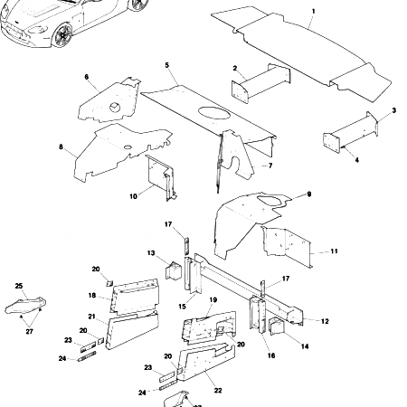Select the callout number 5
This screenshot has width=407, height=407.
pyautogui.click(x=167, y=65)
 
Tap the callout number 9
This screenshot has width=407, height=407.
pyautogui.click(x=308, y=194)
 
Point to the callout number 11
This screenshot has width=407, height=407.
pyautogui.click(x=334, y=250)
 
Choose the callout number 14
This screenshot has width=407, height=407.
pyautogui.click(x=304, y=346)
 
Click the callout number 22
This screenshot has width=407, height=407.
pyautogui.click(x=217, y=389)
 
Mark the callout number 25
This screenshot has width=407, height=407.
pyautogui.click(x=19, y=286)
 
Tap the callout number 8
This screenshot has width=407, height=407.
pyautogui.click(x=61, y=147)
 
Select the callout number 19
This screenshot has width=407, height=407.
pyautogui.click(x=213, y=299)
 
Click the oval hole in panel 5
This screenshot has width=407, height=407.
pyautogui.click(x=213, y=114)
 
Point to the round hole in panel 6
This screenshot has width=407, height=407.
pyautogui.click(x=116, y=108)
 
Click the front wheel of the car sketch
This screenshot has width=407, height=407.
pyautogui.click(x=63, y=35)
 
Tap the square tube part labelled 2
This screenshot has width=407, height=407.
pyautogui.click(x=260, y=86)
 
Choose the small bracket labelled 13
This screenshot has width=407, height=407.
pyautogui.click(x=172, y=271)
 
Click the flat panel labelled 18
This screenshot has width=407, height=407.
pyautogui.click(x=134, y=291)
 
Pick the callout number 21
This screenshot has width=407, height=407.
pyautogui.click(x=92, y=316)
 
